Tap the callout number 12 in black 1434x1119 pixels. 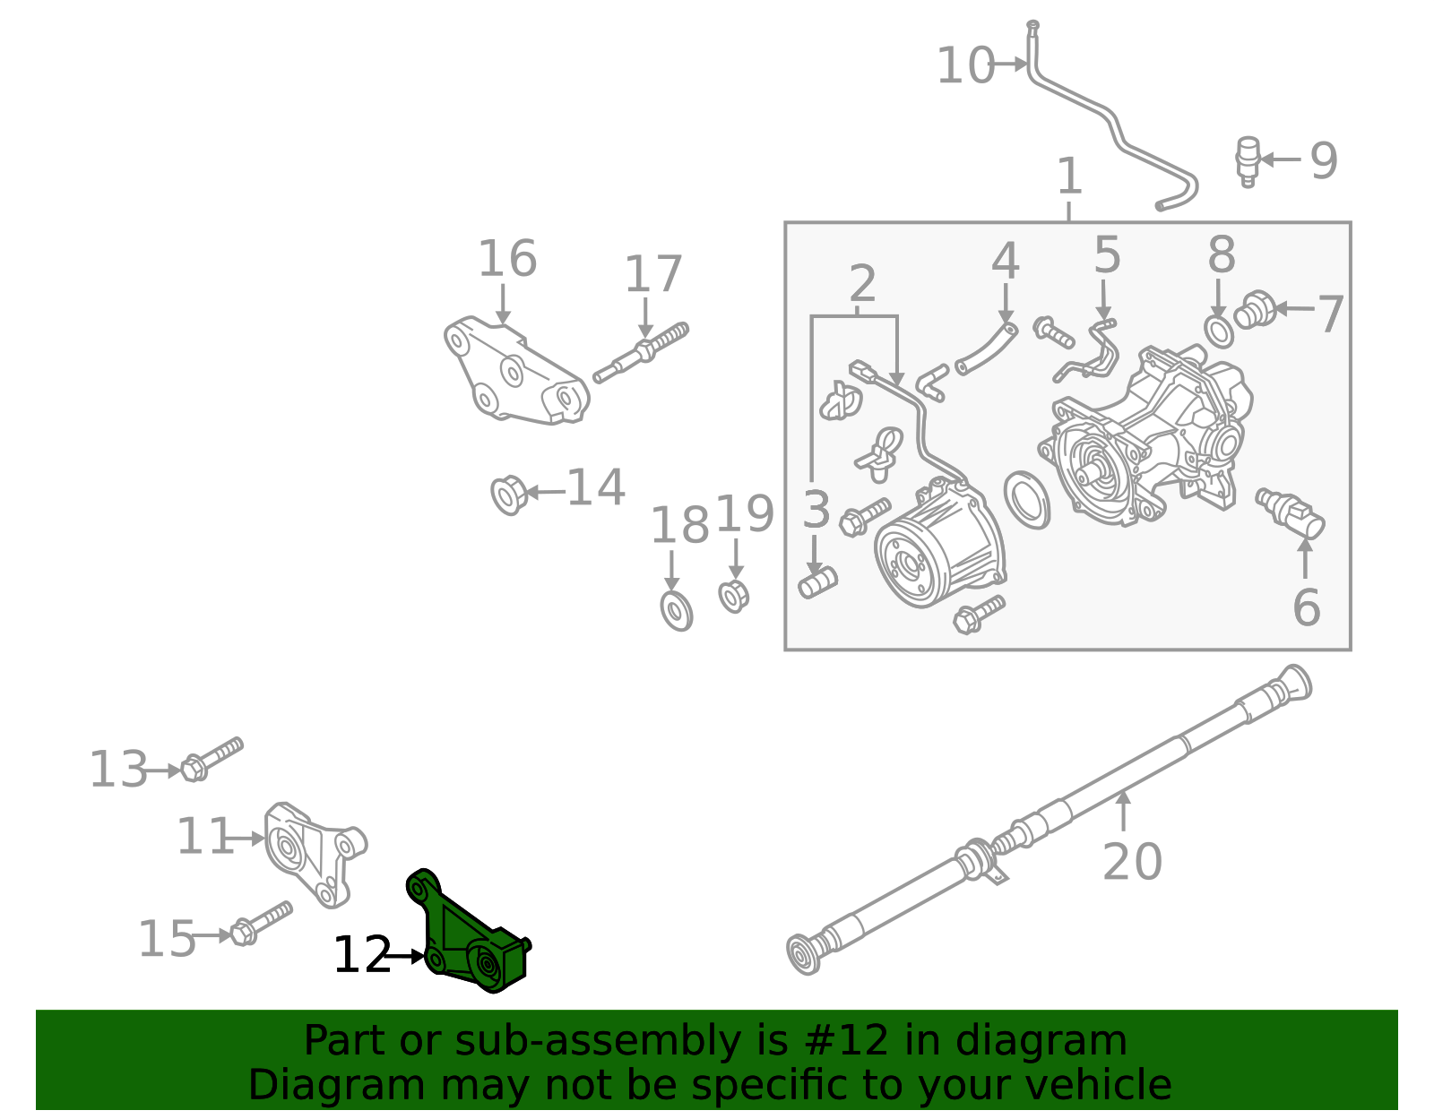[x=362, y=956]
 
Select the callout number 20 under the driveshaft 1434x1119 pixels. [x=1131, y=862]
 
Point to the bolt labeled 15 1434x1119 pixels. [x=261, y=923]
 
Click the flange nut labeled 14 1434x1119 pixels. [x=508, y=494]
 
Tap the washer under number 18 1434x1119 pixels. [x=676, y=610]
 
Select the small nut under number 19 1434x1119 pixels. [x=733, y=596]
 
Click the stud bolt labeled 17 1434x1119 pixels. [x=640, y=352]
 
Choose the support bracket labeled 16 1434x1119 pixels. [x=516, y=376]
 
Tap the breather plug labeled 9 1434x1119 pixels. [x=1248, y=160]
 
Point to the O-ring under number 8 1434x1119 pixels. [x=1219, y=332]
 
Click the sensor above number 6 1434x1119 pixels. [x=1291, y=513]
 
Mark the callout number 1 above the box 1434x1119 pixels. [x=1069, y=176]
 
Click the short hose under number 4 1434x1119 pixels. [x=986, y=348]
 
